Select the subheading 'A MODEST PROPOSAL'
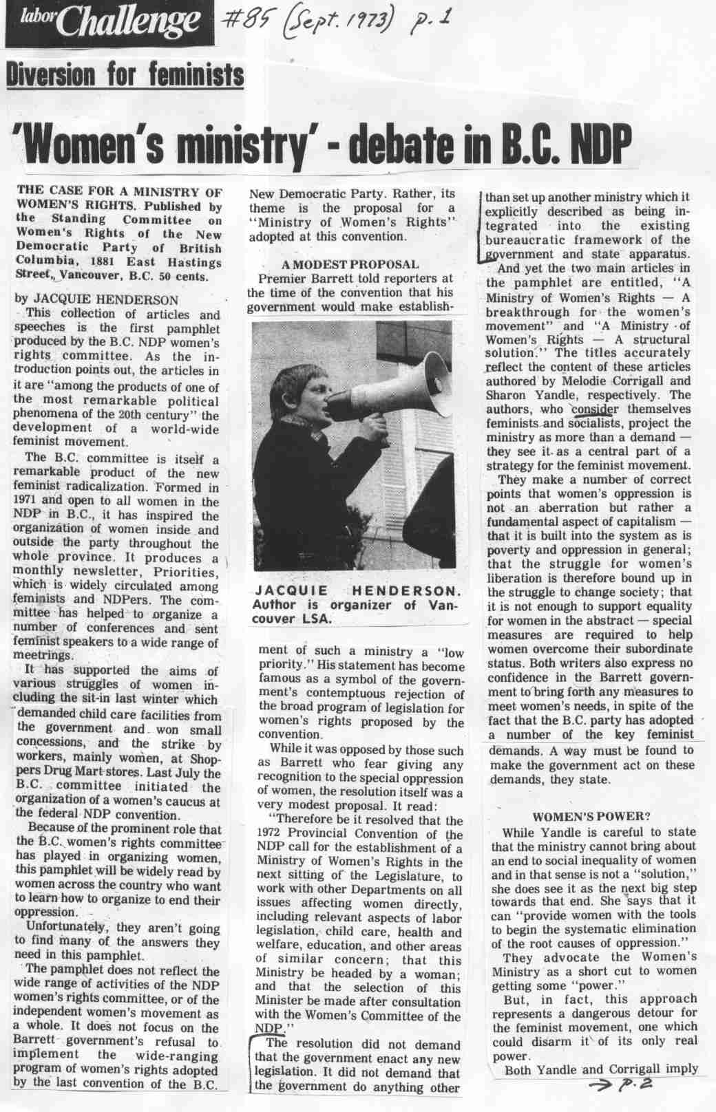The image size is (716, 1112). tap(350, 264)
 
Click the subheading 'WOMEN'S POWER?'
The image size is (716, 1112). tap(592, 817)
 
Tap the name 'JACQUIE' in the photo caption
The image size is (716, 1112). tap(285, 592)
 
